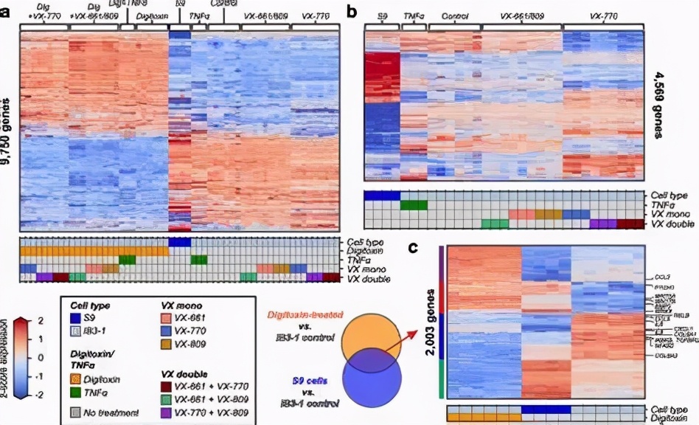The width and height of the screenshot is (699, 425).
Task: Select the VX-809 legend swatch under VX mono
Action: (x=166, y=344)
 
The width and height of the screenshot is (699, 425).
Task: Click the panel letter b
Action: (x=352, y=11)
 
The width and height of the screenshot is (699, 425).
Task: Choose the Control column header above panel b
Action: (x=454, y=15)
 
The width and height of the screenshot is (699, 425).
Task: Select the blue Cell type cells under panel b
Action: (x=382, y=195)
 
